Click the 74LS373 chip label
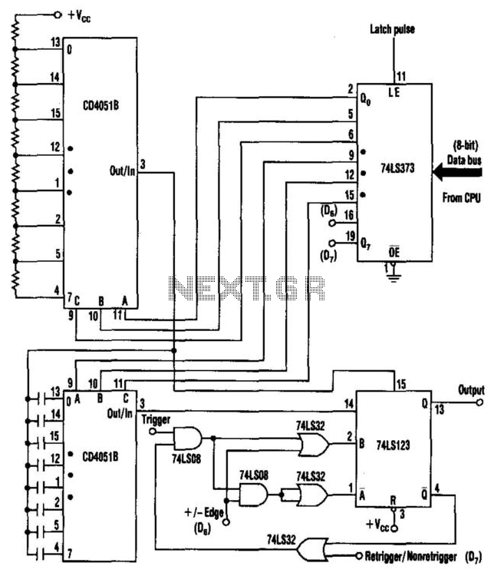tap(397, 168)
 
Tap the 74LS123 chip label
tap(393, 445)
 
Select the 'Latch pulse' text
tap(392, 29)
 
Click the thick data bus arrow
tap(457, 172)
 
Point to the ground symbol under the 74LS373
tap(394, 276)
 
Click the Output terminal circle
tap(479, 402)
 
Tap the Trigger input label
tap(156, 419)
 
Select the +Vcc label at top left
tap(79, 16)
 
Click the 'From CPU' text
tap(461, 198)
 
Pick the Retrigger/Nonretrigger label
tap(410, 557)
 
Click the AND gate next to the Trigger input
tap(187, 438)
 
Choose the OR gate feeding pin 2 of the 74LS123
tap(314, 444)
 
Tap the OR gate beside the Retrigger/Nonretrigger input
tap(312, 550)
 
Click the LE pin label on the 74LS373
tap(394, 93)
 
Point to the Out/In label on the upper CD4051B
tap(123, 170)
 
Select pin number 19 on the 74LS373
tap(351, 236)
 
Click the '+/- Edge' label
tap(204, 512)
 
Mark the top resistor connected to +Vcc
tap(15, 31)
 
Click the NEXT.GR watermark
tap(247, 288)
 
